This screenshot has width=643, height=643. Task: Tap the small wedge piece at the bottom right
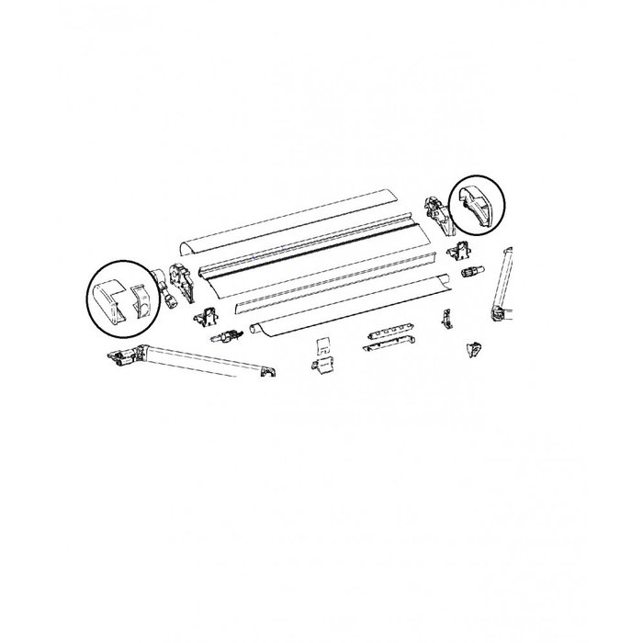pyautogui.click(x=475, y=348)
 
